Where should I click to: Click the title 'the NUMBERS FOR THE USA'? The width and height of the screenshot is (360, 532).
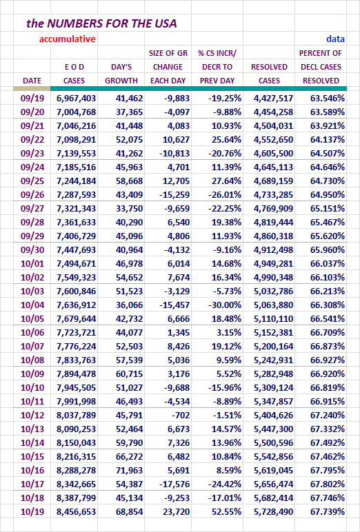click(101, 23)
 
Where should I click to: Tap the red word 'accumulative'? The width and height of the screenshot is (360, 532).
click(68, 39)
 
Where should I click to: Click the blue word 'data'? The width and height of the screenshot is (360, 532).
click(336, 39)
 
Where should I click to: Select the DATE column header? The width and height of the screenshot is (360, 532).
click(32, 81)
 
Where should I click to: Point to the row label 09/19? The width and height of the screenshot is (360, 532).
click(32, 99)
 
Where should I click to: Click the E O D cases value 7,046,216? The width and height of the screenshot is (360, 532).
click(77, 126)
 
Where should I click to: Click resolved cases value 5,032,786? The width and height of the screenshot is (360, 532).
click(273, 291)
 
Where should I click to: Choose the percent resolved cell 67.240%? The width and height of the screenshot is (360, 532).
click(328, 416)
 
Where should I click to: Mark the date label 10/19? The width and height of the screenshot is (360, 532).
click(32, 511)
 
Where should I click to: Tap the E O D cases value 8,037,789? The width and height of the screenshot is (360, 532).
click(77, 416)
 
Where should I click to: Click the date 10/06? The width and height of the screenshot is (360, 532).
click(32, 332)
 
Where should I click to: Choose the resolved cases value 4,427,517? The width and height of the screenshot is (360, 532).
click(273, 99)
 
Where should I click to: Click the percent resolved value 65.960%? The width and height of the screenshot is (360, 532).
click(328, 249)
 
